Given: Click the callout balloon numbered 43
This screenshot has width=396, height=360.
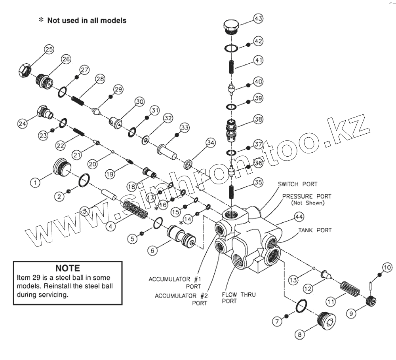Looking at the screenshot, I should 258,19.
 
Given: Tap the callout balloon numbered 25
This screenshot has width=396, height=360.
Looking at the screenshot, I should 49,49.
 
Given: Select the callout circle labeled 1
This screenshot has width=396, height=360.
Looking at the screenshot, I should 36,182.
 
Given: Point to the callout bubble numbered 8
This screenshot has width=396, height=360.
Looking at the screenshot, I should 299,334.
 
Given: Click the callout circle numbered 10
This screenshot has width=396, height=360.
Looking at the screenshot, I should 387,266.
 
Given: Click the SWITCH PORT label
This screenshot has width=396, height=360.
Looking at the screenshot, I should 297,184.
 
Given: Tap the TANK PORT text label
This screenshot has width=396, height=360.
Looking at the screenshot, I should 315,230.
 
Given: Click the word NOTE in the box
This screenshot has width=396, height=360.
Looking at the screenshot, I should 67,268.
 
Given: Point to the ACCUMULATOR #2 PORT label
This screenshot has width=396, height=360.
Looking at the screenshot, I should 181,299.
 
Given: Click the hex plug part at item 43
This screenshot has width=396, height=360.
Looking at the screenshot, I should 230,27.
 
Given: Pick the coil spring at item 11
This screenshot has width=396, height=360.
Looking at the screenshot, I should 350,289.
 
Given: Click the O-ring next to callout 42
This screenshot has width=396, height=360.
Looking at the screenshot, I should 231,48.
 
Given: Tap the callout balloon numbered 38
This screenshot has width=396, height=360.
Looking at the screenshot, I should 258,119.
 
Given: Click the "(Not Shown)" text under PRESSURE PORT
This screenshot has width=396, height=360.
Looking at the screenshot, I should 308,203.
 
